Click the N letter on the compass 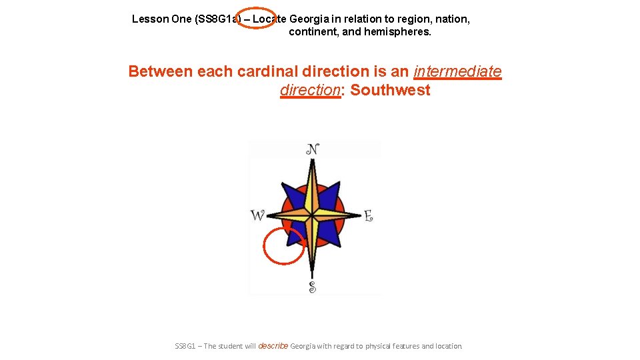[312, 149]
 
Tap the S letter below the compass [312, 287]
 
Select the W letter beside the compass [257, 215]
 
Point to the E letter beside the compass [368, 215]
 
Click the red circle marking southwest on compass [284, 246]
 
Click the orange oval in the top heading [255, 19]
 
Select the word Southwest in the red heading [390, 90]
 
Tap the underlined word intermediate [457, 71]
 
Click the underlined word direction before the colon [310, 90]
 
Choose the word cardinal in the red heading [270, 71]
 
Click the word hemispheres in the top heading [397, 32]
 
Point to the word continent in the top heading [313, 32]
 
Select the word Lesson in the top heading [150, 19]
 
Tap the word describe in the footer [273, 346]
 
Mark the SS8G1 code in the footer [185, 346]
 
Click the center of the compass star [311, 215]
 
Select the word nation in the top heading [453, 19]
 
